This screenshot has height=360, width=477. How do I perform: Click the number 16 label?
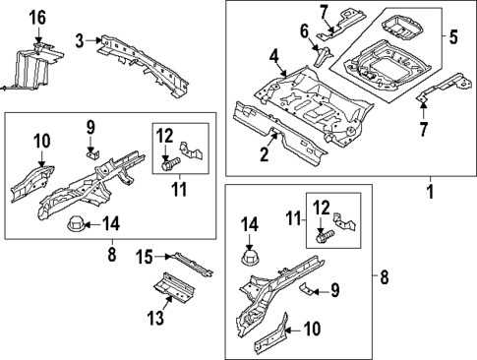(x=36, y=17)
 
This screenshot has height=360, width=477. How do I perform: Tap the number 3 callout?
(x=80, y=40)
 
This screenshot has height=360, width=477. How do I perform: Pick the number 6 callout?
(x=305, y=31)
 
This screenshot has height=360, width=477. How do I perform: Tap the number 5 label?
(x=452, y=39)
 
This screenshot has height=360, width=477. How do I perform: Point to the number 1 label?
(x=429, y=183)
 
